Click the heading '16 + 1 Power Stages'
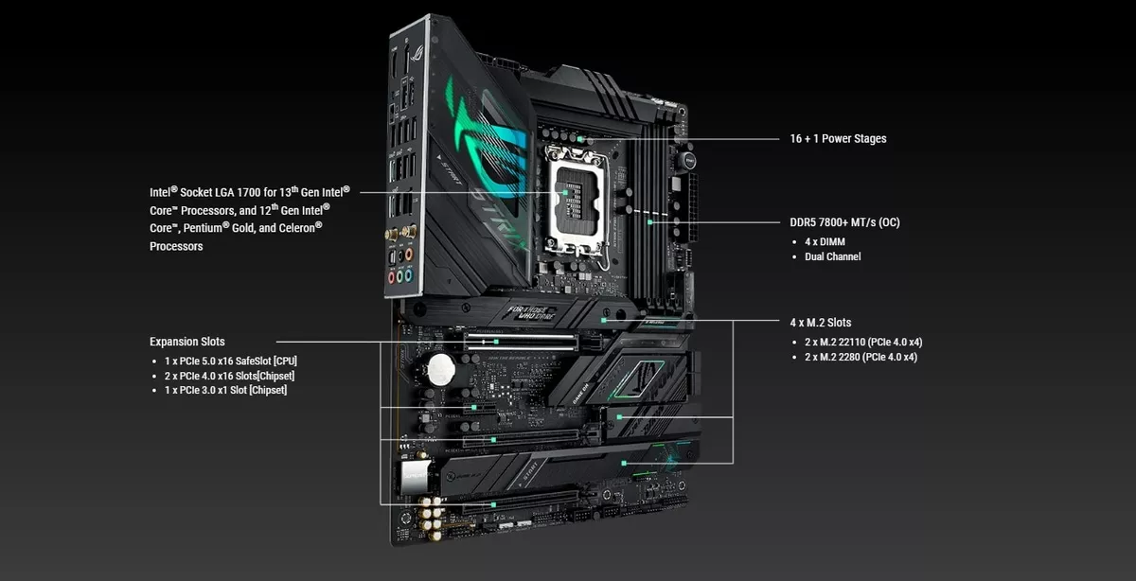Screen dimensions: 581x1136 (x=838, y=139)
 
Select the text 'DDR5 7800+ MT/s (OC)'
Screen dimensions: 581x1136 (x=845, y=223)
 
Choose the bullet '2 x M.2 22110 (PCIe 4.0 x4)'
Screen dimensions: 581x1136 (x=861, y=342)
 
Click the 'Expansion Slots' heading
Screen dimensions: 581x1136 (x=187, y=342)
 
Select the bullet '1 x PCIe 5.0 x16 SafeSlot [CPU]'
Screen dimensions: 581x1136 (x=231, y=361)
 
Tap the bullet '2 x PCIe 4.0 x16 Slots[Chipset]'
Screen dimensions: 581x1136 (x=230, y=376)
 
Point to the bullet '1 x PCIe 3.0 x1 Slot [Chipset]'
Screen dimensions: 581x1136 (x=225, y=390)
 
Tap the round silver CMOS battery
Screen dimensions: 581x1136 (x=440, y=369)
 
